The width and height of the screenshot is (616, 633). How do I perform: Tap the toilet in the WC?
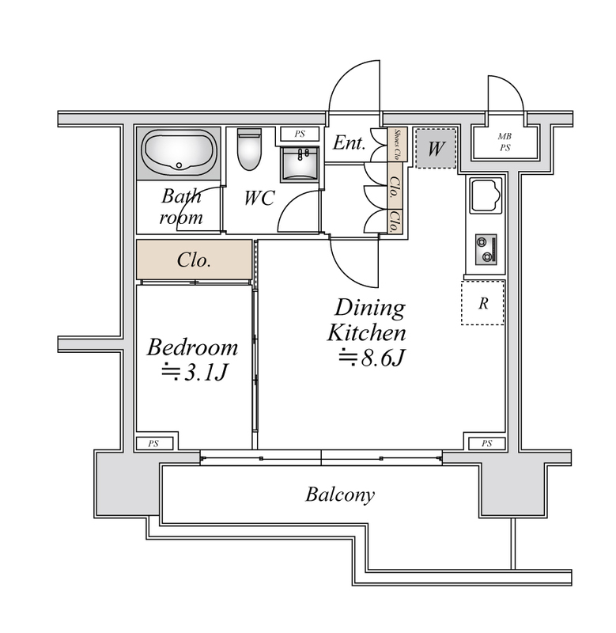pyautogui.click(x=249, y=150)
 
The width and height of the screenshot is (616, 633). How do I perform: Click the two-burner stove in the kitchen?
pyautogui.click(x=486, y=249)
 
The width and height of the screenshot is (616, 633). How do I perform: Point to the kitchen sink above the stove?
pyautogui.click(x=486, y=195)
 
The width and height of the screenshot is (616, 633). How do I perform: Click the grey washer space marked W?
pyautogui.click(x=436, y=148)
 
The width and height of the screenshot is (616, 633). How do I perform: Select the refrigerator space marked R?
pyautogui.click(x=483, y=303)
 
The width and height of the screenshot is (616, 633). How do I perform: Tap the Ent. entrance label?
pyautogui.click(x=349, y=142)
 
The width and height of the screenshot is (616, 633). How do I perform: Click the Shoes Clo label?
pyautogui.click(x=397, y=144)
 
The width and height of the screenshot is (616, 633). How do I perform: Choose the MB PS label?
pyautogui.click(x=505, y=142)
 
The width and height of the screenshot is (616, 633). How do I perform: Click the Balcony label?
pyautogui.click(x=340, y=495)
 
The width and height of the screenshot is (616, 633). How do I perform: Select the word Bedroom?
pyautogui.click(x=192, y=347)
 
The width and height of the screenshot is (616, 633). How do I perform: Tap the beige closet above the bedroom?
pyautogui.click(x=194, y=260)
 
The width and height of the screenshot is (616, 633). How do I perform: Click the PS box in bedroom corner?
pyautogui.click(x=154, y=443)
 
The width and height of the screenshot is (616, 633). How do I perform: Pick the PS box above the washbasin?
pyautogui.click(x=300, y=134)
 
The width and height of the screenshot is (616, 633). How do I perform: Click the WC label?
pyautogui.click(x=259, y=198)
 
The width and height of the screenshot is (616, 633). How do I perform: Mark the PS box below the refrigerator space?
pyautogui.click(x=486, y=443)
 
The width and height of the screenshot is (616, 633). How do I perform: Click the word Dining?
pyautogui.click(x=369, y=308)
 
